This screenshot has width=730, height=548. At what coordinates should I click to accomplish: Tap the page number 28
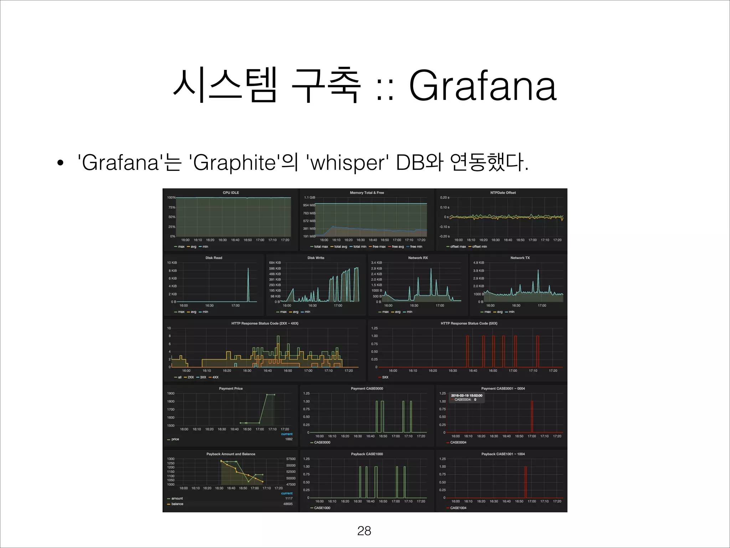pos(364,531)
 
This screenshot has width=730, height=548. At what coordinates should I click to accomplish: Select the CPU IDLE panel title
pos(231,193)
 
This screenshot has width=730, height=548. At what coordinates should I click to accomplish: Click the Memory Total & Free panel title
pos(367,193)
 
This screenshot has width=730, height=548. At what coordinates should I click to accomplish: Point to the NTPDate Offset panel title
pos(503,193)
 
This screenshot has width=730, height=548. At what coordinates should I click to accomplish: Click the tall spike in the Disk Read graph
pos(248,282)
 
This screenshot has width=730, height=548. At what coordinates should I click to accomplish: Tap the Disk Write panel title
pos(316,258)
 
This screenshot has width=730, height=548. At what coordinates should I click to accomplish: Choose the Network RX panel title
pos(418,258)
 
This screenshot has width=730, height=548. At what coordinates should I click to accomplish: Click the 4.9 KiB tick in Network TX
pos(478,263)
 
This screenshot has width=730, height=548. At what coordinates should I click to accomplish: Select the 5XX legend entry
pos(385,377)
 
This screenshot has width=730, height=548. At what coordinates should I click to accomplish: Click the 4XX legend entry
pos(215,377)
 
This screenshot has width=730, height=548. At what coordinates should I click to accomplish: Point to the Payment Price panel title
pos(231,389)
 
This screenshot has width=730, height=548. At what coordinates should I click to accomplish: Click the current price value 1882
pos(289,439)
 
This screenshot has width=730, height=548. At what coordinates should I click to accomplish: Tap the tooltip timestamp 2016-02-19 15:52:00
pos(467,395)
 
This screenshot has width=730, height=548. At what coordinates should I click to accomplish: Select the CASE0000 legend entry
pos(322,442)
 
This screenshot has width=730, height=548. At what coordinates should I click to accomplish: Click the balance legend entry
pos(177,504)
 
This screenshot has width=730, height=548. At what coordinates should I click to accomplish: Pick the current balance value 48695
pos(288,504)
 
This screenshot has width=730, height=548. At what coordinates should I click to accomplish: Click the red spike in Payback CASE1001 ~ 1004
pos(525,482)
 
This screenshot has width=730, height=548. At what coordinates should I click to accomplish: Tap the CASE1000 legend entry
pos(322,508)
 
